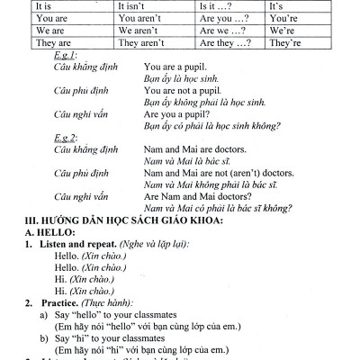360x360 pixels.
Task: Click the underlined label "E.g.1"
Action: tap(65, 56)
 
